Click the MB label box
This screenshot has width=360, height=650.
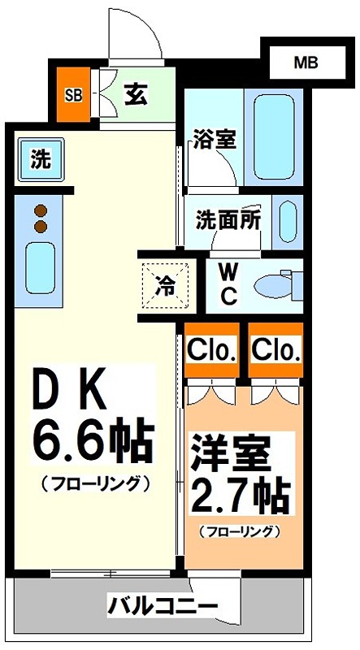click(x=306, y=61)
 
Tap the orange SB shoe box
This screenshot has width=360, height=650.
click(x=73, y=94)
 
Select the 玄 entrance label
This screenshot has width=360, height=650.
click(x=135, y=94)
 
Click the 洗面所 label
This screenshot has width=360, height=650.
click(x=227, y=219)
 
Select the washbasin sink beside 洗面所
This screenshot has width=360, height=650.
click(x=288, y=220)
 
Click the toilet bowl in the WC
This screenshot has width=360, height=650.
click(x=275, y=286)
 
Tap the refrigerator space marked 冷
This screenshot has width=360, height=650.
click(x=165, y=285)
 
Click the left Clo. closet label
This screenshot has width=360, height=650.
click(x=211, y=350)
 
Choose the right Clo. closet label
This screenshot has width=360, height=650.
click(x=276, y=350)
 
